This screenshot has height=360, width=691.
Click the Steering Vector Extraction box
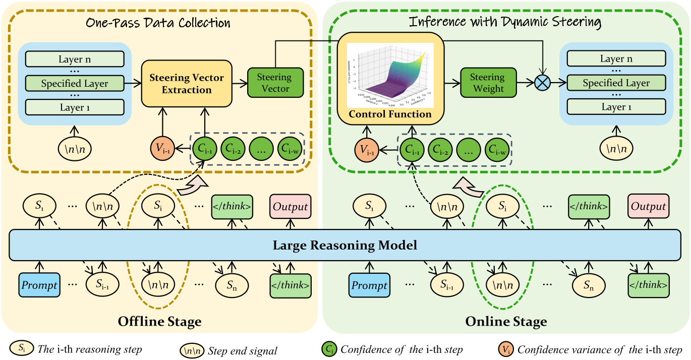tap(186, 84)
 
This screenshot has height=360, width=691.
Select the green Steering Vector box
tap(274, 83)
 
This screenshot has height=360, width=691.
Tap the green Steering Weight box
tap(487, 83)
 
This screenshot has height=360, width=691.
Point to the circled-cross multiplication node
tap(542, 83)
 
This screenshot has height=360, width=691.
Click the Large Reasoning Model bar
tap(345, 246)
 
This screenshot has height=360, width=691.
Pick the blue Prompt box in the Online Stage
tap(369, 285)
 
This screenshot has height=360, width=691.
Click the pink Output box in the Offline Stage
tap(290, 206)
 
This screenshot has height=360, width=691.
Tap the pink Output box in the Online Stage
tap(649, 206)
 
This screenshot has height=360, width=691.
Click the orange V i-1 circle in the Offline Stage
tap(162, 149)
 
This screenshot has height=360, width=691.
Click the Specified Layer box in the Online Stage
tap(616, 83)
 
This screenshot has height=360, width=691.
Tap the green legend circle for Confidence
tap(329, 348)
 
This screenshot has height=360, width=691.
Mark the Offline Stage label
tap(159, 321)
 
